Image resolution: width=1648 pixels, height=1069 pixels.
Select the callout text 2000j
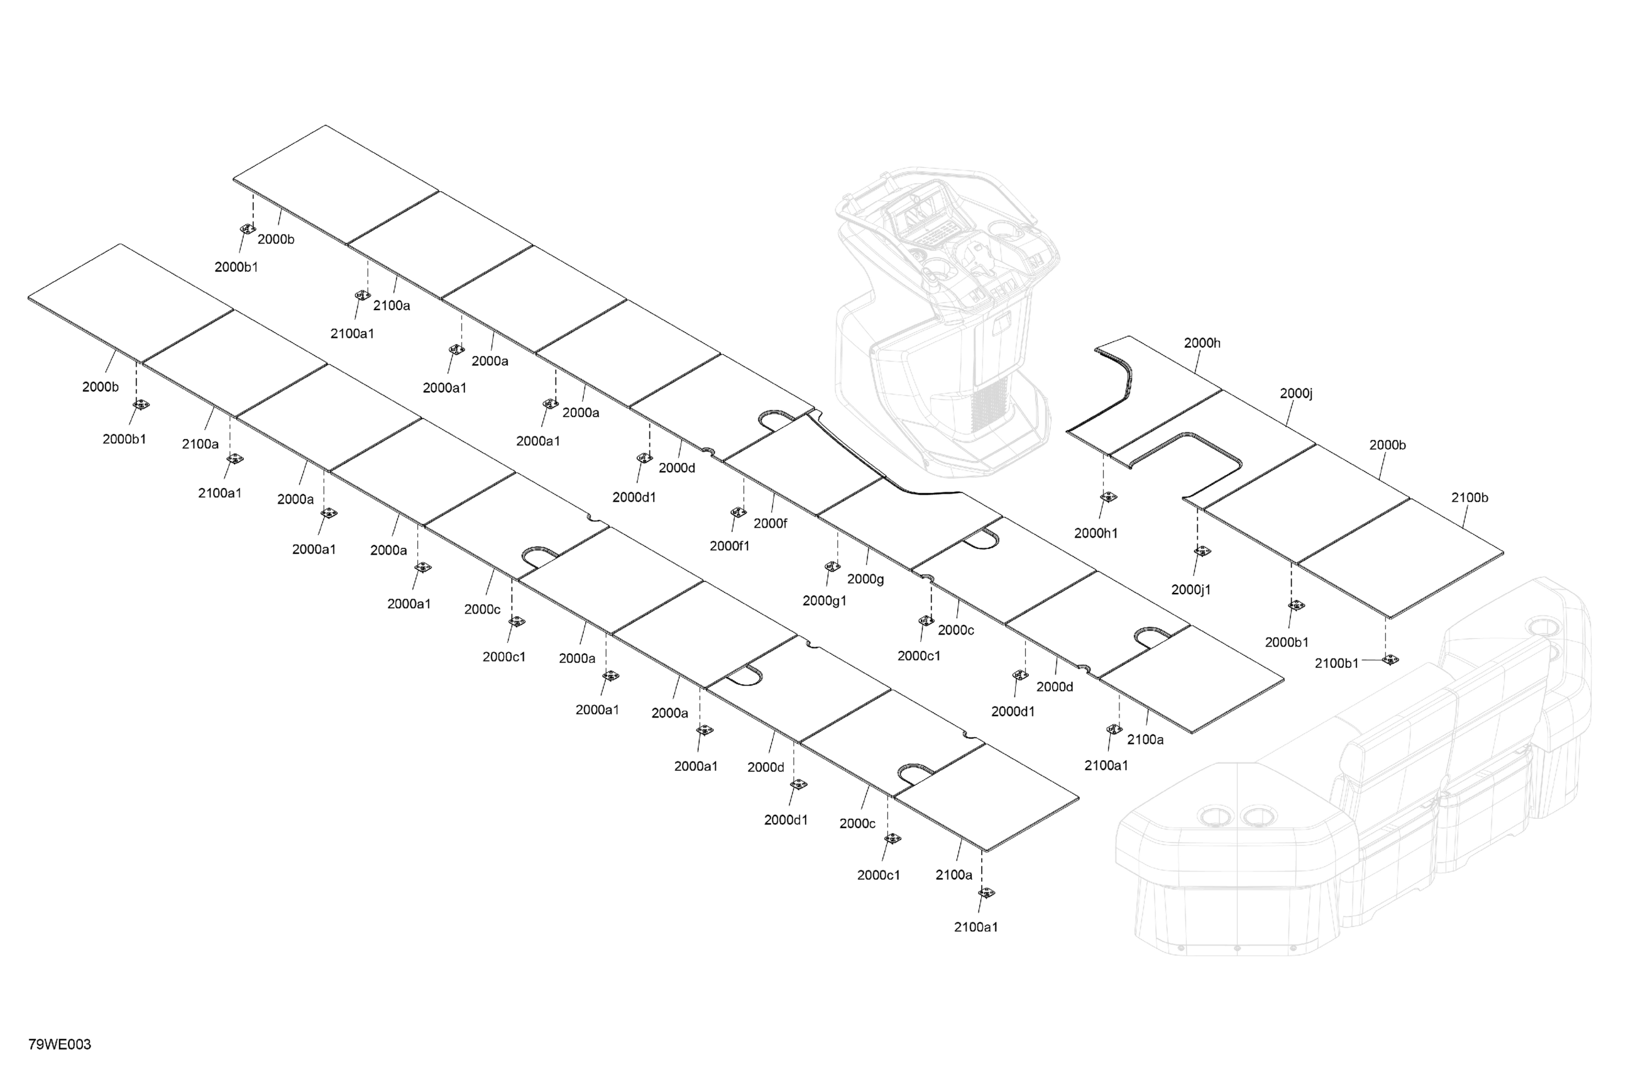tap(1295, 394)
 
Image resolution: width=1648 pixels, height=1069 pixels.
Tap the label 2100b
tap(1469, 498)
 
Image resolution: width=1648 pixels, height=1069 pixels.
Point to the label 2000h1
tap(1096, 533)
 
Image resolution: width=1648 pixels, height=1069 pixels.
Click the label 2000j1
tap(1190, 590)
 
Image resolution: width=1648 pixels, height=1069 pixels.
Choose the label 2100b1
tap(1336, 663)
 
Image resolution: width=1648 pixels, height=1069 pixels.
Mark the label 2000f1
tap(729, 546)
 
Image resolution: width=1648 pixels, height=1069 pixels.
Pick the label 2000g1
tap(824, 601)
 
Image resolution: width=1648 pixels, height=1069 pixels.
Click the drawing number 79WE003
tap(60, 1044)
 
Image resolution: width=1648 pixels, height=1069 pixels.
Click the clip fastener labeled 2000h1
tap(1109, 497)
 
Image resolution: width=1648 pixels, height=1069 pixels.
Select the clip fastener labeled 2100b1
tap(1390, 660)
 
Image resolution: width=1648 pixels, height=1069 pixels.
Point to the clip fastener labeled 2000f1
tap(739, 512)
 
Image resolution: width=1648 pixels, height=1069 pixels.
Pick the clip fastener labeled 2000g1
tap(832, 567)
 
